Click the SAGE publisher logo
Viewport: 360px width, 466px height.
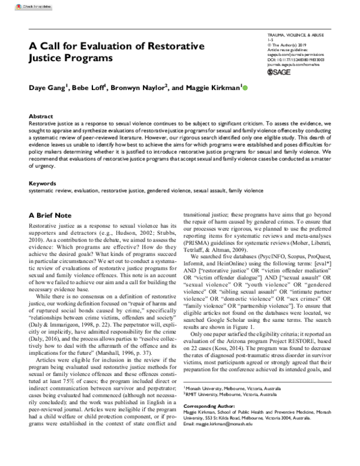[282, 77]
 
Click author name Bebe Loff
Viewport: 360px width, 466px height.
[90, 88]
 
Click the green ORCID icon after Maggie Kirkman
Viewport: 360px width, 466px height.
[244, 88]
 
